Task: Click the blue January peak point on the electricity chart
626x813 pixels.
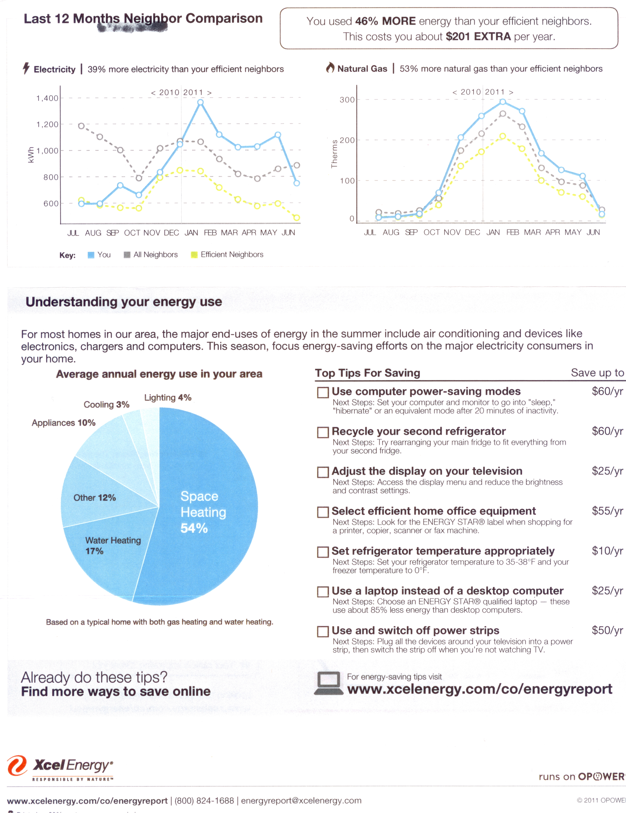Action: point(200,102)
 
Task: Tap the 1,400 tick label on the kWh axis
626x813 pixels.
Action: point(47,98)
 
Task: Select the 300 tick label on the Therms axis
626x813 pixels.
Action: point(347,100)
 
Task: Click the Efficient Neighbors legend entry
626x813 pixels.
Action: point(227,255)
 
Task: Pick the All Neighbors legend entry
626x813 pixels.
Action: point(151,255)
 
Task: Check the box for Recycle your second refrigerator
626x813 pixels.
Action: point(322,432)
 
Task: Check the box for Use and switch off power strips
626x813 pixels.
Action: point(322,631)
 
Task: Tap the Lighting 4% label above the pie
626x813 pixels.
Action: point(168,398)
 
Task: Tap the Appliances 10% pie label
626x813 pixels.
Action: point(63,423)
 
